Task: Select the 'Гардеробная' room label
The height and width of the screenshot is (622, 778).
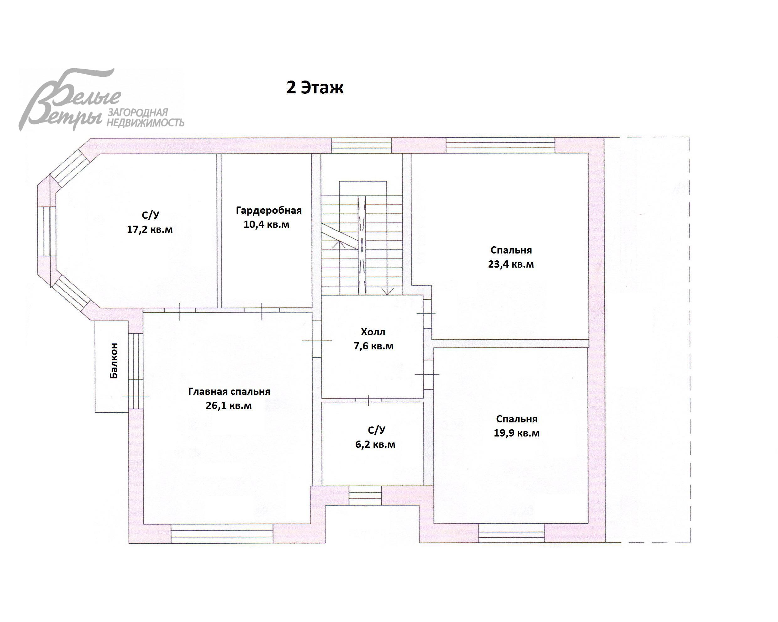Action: coord(269,210)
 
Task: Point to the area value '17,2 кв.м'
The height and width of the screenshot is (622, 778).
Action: coord(150,229)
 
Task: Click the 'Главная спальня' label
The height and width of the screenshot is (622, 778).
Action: coord(229,392)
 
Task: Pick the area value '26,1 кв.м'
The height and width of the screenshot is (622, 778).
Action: coord(229,406)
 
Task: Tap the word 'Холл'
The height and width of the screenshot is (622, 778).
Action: coord(373,332)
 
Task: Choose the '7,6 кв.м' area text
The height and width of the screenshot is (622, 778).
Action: coord(373,346)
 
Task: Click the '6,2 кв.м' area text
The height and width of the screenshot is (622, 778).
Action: coord(375,444)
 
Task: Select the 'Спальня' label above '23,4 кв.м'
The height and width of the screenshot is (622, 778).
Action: coord(511,250)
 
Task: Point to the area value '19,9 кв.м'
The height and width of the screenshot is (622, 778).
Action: coord(517,433)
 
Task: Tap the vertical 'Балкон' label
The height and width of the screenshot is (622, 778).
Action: coord(114,361)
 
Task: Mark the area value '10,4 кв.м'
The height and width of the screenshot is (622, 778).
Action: coord(266,225)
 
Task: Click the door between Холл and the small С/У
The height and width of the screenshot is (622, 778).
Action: coord(368,400)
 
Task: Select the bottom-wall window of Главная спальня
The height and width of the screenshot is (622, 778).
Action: coord(222,534)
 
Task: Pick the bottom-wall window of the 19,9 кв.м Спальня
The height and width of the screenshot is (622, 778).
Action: coord(511,533)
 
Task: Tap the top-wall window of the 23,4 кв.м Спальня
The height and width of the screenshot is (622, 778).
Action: coord(500,145)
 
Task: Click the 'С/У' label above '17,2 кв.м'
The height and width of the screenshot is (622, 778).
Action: coord(150,215)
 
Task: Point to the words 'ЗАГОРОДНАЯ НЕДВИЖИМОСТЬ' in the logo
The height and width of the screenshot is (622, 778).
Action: coord(145,118)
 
